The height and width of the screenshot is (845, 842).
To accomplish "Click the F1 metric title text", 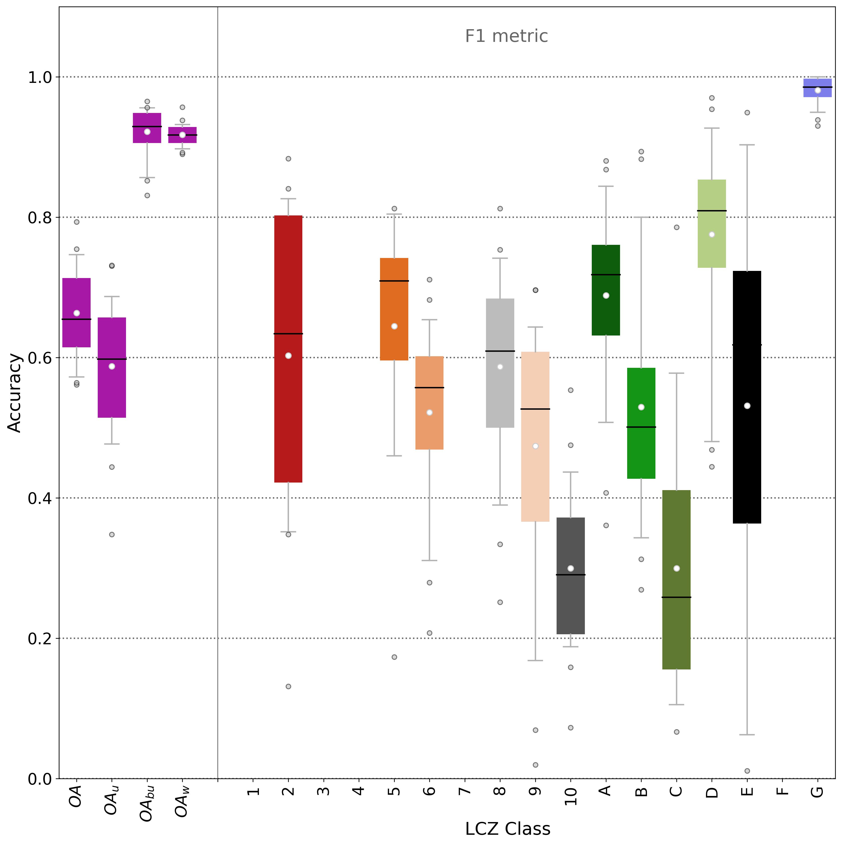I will (506, 36).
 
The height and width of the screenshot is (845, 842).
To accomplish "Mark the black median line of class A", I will (606, 275).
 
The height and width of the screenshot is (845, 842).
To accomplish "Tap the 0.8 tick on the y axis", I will (44, 217).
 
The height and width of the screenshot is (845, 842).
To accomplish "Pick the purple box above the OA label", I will (77, 313).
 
